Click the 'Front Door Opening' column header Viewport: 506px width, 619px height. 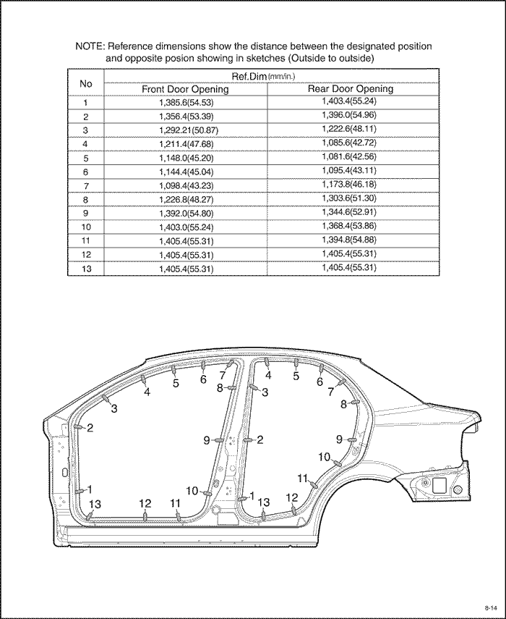(185, 89)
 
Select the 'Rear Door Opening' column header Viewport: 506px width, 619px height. (351, 88)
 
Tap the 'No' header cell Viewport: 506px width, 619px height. (85, 83)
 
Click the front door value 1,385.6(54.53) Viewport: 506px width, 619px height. (186, 103)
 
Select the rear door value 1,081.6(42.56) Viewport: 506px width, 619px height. (349, 156)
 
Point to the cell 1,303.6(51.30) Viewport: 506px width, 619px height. (349, 198)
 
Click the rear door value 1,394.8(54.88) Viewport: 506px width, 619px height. (349, 240)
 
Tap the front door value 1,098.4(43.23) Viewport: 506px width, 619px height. (186, 186)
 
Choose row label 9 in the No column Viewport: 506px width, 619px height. (86, 213)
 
